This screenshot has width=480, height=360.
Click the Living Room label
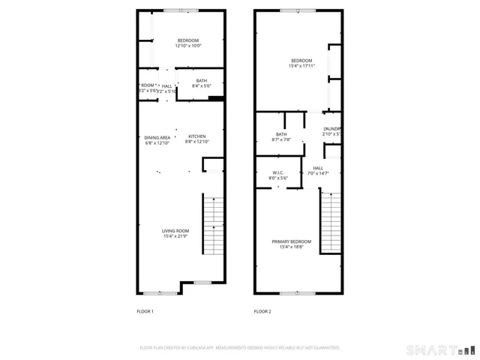176,230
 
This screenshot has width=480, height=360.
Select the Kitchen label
196,136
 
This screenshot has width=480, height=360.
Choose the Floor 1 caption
145,311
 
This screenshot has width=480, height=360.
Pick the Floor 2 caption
262,311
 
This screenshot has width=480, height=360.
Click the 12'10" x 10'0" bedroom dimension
188,46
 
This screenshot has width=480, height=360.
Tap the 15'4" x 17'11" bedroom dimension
301,66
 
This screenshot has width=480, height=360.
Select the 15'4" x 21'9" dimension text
176,236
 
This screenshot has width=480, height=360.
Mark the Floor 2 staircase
331,220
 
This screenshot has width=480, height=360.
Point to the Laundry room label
333,129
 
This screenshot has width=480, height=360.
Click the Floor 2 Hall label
318,168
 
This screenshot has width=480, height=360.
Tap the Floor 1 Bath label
202,80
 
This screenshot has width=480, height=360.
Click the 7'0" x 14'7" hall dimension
318,174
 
